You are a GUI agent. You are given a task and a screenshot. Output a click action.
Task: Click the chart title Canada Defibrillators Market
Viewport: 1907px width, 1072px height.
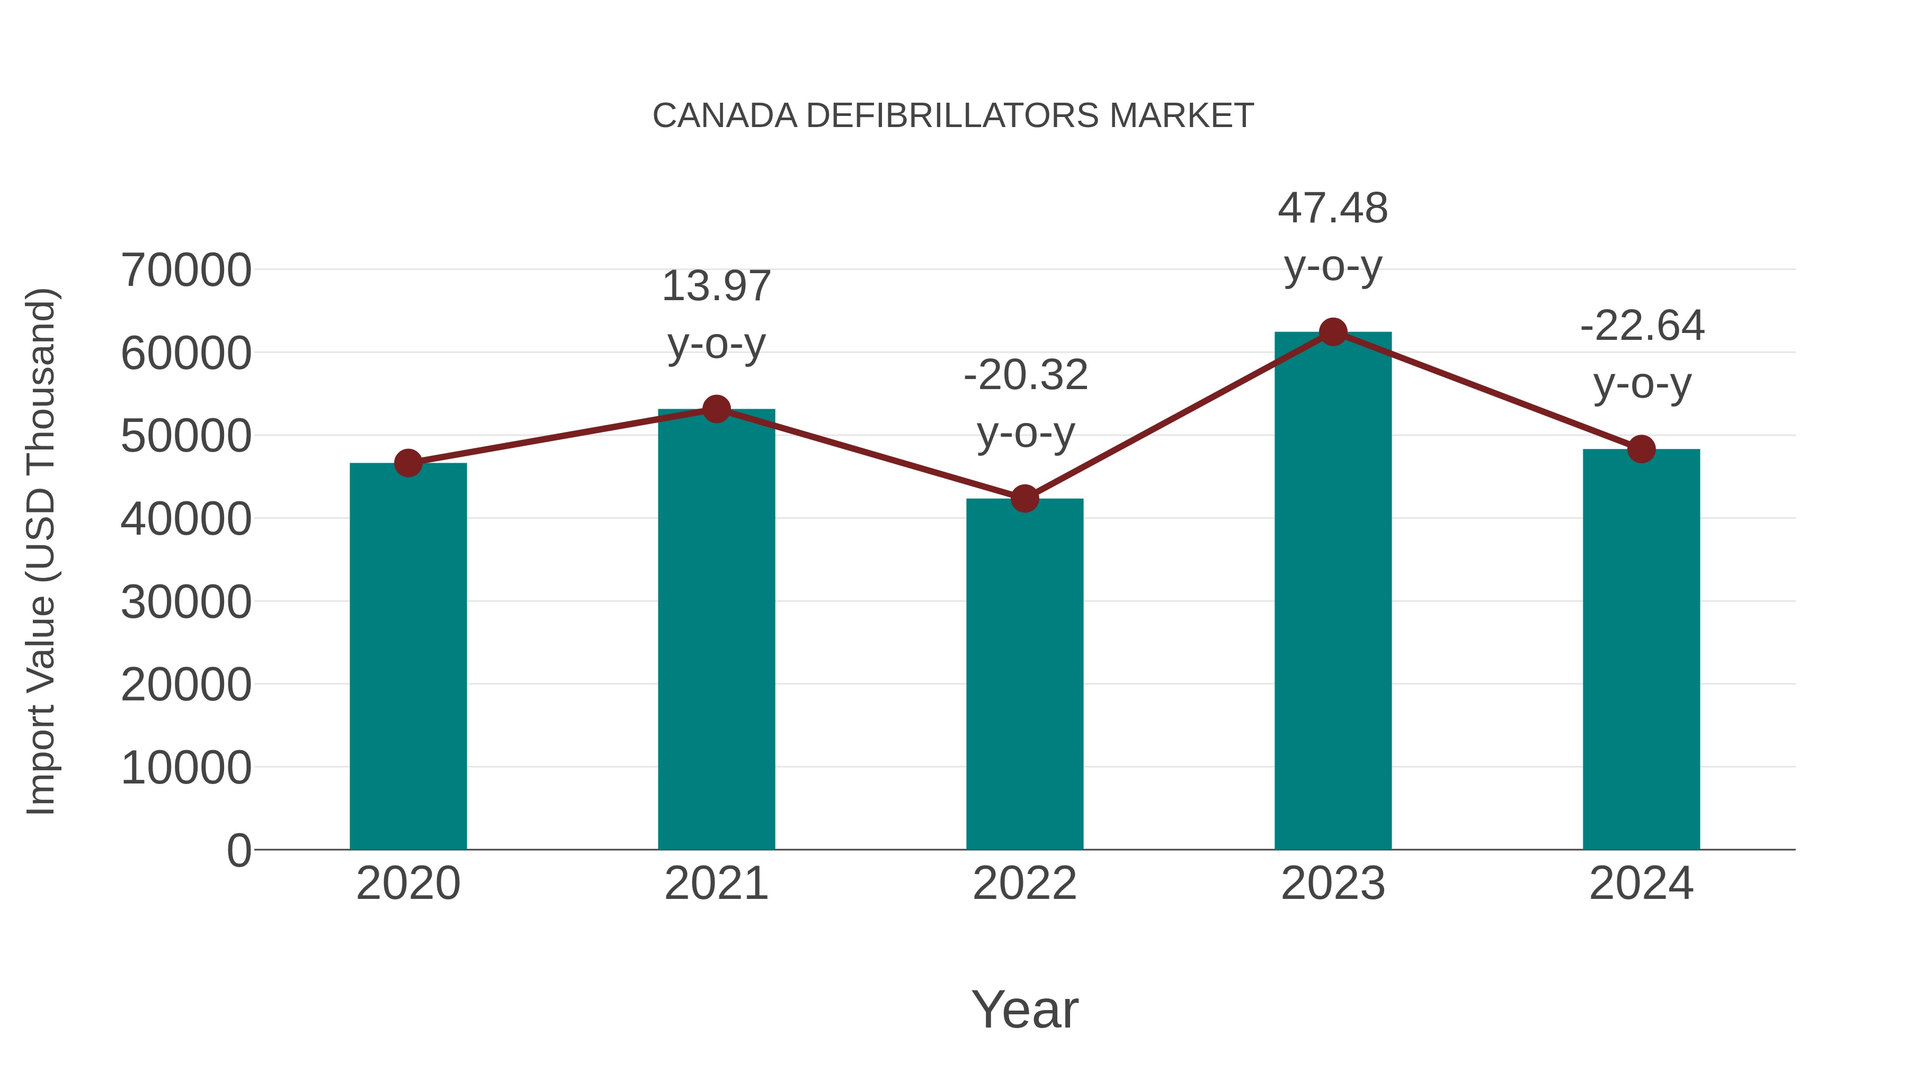click(953, 116)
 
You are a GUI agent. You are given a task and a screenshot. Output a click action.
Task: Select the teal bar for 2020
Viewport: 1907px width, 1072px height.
click(408, 659)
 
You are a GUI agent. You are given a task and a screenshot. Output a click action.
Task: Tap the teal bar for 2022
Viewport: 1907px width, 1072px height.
click(1024, 673)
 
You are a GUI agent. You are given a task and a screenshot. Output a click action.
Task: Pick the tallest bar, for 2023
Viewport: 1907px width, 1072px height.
click(1333, 592)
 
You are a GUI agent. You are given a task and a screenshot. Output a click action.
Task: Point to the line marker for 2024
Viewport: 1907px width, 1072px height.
click(1641, 448)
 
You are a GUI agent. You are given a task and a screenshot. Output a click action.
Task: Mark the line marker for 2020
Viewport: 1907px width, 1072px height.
click(408, 463)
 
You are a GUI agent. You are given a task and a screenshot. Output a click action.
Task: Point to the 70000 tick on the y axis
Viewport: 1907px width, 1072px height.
click(186, 270)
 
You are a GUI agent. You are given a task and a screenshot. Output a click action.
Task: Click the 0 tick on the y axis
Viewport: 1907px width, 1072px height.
click(239, 850)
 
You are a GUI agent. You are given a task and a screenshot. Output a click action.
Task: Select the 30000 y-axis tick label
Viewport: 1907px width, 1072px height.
click(186, 602)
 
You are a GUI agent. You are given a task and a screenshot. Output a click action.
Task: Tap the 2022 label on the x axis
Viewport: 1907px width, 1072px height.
click(1024, 884)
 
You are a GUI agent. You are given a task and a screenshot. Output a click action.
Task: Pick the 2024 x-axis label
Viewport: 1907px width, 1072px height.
click(1641, 884)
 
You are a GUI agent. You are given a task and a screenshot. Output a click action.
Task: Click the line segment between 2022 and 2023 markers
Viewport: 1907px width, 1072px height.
click(1179, 416)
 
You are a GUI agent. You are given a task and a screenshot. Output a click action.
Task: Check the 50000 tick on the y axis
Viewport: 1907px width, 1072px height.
click(186, 437)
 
